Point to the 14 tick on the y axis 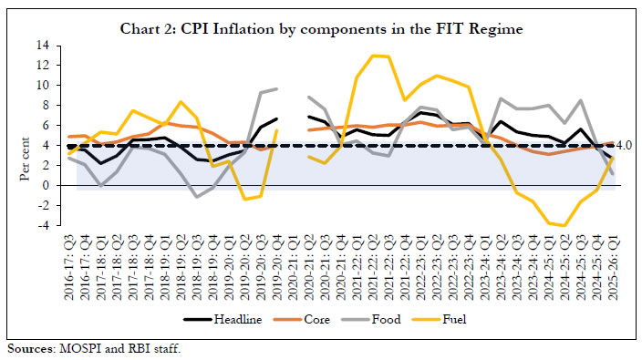(43, 45)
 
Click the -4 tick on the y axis (43, 225)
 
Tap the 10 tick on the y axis (43, 85)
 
